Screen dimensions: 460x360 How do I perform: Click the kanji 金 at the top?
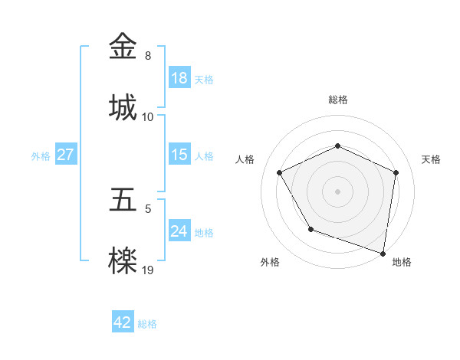(125, 47)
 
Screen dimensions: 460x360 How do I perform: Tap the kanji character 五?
(125, 200)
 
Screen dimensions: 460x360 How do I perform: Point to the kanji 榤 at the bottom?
(125, 260)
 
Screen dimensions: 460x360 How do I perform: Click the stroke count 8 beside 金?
(148, 56)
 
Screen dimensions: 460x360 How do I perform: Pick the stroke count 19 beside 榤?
(148, 270)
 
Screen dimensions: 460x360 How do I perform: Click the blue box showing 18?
(179, 78)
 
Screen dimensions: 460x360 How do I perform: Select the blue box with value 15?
(179, 155)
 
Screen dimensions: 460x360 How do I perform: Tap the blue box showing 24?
(179, 231)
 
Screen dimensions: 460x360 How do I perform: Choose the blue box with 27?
(65, 155)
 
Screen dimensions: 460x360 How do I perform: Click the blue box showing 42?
(123, 322)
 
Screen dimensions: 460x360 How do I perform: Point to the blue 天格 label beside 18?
(204, 80)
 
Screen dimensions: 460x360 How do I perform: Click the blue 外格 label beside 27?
(41, 156)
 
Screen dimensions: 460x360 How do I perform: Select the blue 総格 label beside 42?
(147, 324)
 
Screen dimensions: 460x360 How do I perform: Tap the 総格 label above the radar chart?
(338, 100)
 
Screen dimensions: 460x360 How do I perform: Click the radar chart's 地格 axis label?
(402, 262)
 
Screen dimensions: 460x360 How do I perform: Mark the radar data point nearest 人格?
(280, 172)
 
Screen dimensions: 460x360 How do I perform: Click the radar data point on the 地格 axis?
(383, 252)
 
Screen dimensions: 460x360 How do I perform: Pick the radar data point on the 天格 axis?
(396, 172)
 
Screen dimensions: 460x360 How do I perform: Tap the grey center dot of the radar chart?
(338, 191)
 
